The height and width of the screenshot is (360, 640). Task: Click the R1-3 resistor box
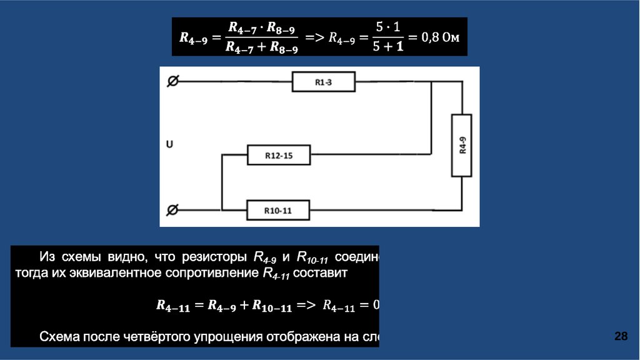point(324,82)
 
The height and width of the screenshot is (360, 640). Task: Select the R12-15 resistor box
point(279,156)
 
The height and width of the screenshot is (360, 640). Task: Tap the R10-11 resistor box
point(279,210)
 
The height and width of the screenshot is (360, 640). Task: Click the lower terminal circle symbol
point(173,210)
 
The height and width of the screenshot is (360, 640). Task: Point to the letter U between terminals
point(169,145)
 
